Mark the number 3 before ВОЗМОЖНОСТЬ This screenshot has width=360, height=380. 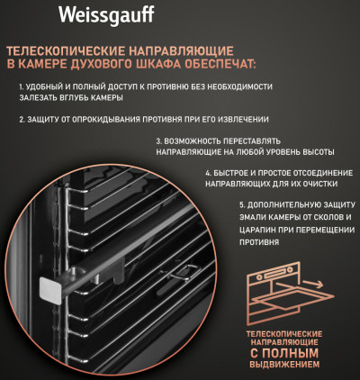(x=158, y=142)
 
